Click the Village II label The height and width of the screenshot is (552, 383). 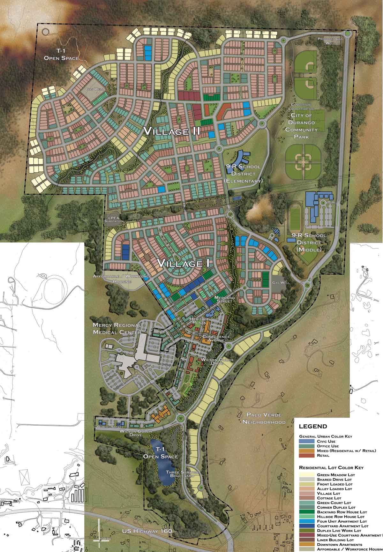coord(171,131)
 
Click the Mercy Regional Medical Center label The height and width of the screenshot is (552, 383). coord(117,329)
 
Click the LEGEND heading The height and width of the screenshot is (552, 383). coord(313,426)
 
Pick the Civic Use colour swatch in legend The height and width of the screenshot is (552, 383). coord(306,441)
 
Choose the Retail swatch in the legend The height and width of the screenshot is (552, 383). coord(306,455)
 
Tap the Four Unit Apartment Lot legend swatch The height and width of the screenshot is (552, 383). coord(306,521)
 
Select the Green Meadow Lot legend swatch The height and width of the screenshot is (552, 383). coord(306,474)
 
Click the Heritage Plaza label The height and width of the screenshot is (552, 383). coord(199,321)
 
